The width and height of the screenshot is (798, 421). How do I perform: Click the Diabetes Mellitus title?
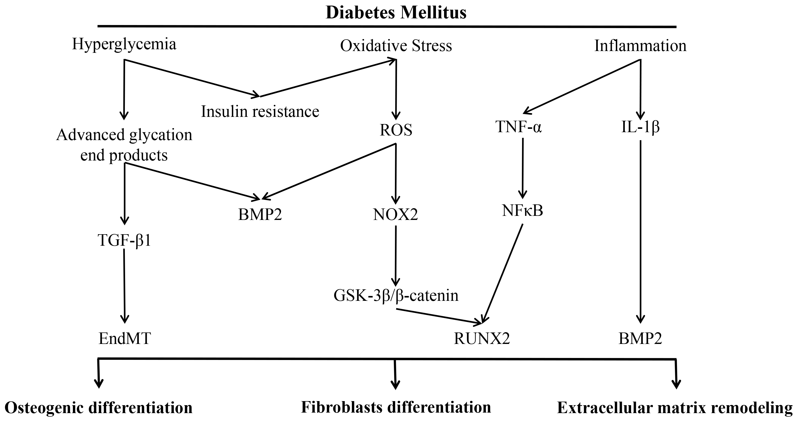coord(396,13)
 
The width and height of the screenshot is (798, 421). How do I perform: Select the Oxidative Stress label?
coord(396,46)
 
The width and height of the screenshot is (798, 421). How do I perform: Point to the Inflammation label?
coord(640,46)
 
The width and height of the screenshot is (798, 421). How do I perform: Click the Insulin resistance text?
coord(260,112)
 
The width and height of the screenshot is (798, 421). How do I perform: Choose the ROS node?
coord(396,130)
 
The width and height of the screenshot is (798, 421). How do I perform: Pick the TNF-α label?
coord(519,127)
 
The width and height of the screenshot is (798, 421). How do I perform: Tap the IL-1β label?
coord(640,127)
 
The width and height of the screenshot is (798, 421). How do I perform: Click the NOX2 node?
coord(396,215)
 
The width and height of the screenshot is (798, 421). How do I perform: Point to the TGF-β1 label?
coord(125,240)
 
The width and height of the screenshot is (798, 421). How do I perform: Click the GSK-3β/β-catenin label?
coord(396,295)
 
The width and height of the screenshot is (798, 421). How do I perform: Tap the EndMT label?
coord(125,339)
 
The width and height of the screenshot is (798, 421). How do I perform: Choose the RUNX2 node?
coord(482,339)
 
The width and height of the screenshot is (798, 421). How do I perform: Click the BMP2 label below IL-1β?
coord(640,339)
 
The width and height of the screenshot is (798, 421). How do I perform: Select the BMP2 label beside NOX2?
coord(260,215)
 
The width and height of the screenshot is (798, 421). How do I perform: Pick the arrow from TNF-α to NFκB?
coord(523,168)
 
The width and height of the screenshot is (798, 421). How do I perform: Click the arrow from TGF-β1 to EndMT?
coord(124,286)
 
